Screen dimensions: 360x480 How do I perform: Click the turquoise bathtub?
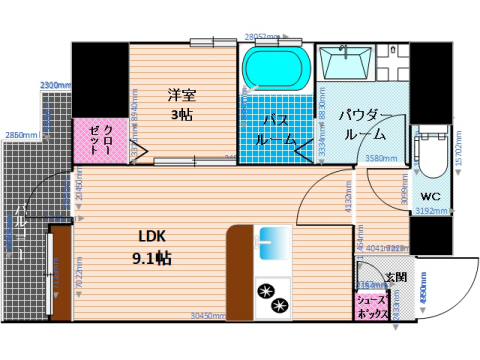276,68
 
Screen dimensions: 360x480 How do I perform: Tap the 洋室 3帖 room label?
181,105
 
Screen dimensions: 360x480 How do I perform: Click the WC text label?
431,196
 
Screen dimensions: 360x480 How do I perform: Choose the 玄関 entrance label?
395,277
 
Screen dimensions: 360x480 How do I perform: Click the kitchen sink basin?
273,240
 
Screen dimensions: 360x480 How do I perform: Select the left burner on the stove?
266,292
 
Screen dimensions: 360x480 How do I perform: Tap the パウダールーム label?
364,124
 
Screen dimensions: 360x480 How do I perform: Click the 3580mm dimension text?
381,159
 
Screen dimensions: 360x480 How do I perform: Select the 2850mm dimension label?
21,135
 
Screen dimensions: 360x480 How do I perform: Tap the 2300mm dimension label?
54,86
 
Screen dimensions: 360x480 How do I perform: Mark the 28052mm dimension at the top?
261,36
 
